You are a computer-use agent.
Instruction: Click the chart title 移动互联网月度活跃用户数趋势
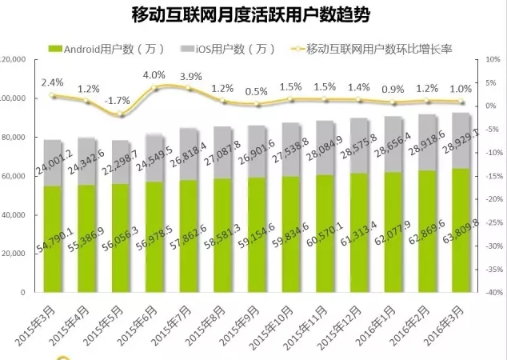253,15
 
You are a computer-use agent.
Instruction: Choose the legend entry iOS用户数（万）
226,49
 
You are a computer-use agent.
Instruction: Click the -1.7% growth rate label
118,101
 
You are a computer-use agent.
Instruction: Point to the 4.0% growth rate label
154,74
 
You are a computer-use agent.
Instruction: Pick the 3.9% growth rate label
190,76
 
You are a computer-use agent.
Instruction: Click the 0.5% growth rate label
257,91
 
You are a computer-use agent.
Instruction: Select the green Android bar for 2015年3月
53,240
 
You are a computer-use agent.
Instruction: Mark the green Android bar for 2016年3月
461,232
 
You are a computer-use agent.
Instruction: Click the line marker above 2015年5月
121,114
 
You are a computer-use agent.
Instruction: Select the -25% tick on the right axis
491,222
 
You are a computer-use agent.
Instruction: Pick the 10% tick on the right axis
489,60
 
